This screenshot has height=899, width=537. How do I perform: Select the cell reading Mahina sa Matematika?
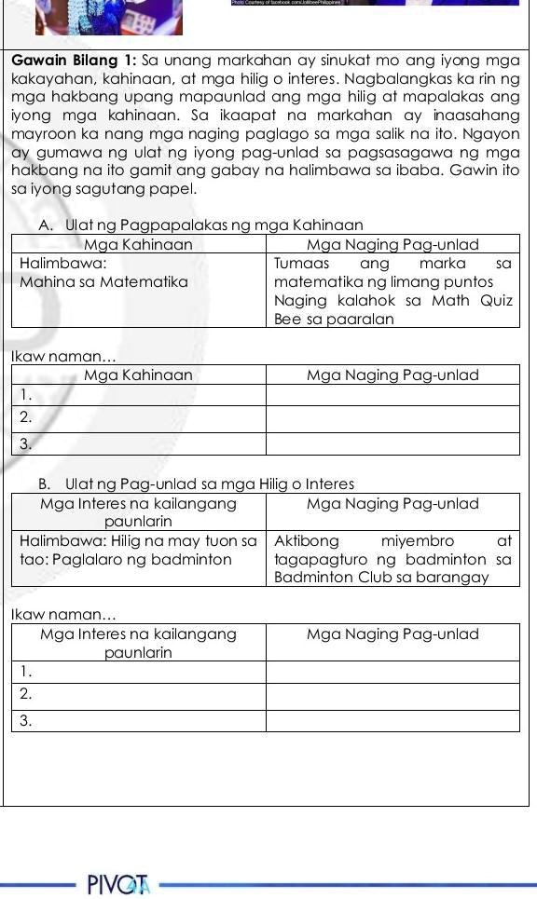coord(103,281)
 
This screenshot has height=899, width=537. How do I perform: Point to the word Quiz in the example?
coord(496,300)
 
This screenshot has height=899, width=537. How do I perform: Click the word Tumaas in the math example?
coord(296,264)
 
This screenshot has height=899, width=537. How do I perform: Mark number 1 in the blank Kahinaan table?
coord(26,395)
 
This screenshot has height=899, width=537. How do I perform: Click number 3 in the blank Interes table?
coord(26,720)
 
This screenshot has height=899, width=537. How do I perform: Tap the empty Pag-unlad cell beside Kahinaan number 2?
coord(392,418)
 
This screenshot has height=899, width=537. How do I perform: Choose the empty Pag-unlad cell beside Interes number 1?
coord(392,671)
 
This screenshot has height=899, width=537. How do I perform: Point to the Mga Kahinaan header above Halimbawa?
coord(138,244)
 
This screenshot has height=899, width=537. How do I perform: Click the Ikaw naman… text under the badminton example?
coord(64,615)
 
